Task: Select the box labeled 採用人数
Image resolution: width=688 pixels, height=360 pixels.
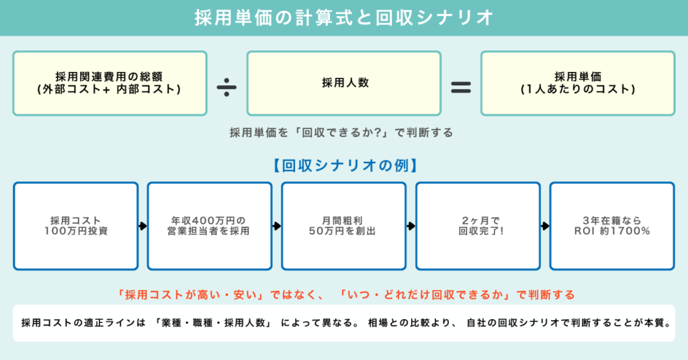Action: coord(343,83)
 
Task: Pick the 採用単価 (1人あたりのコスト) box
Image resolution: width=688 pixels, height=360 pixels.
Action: coord(577,83)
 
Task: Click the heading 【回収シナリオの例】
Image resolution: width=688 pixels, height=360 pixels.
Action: coord(343,163)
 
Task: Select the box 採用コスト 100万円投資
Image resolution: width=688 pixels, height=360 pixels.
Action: coord(75,226)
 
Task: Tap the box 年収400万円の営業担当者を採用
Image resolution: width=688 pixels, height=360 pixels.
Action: coord(210,226)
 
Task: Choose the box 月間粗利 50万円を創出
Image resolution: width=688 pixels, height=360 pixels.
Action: coord(343,226)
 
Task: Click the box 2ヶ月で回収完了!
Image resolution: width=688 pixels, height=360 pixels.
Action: coord(478,226)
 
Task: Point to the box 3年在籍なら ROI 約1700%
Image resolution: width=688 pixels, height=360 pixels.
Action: coord(612,226)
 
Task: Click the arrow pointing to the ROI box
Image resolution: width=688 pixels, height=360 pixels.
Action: coord(546,226)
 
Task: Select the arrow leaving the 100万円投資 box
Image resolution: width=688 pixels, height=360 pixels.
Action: coord(142,226)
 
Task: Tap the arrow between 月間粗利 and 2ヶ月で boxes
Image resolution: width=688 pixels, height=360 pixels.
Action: coord(411,226)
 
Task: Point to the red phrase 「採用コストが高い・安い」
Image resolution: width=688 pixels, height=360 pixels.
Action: coord(188,294)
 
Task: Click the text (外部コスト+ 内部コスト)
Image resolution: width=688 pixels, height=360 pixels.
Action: coord(109,89)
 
